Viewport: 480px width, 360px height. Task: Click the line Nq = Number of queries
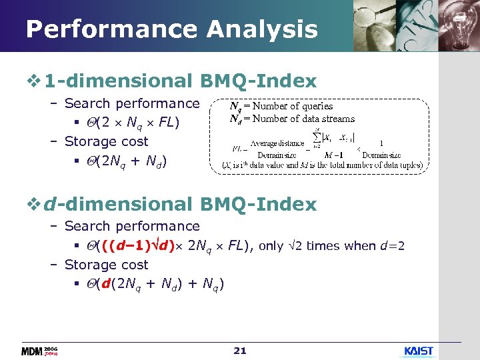click(281, 106)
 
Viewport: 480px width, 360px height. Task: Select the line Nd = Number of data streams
click(292, 119)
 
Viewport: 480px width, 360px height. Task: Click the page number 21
click(240, 350)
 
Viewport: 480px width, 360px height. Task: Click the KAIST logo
click(418, 351)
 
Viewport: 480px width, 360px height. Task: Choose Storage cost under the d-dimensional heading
click(106, 265)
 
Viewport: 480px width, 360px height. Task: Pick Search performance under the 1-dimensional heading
click(132, 103)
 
